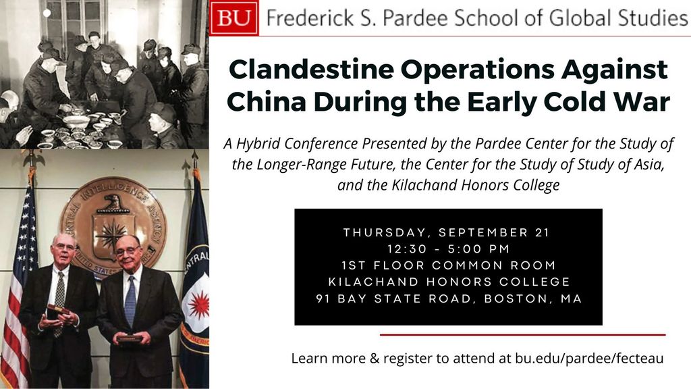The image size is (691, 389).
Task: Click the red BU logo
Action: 234,18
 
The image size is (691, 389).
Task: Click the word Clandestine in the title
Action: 311,70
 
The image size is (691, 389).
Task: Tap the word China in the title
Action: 266,102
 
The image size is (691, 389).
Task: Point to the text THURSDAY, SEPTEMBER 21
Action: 447,232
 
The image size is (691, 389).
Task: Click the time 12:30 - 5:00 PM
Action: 448,249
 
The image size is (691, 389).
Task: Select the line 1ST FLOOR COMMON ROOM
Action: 449,265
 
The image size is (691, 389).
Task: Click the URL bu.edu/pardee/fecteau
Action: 589,358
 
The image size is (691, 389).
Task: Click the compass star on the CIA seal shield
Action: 113,234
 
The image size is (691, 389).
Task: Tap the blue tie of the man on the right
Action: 130,301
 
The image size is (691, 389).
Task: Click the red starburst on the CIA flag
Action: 199,304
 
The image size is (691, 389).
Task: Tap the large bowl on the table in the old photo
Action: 76,121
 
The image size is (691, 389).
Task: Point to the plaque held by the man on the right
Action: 129,338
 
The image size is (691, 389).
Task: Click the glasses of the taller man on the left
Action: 65,246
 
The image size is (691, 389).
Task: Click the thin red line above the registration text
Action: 523,335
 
